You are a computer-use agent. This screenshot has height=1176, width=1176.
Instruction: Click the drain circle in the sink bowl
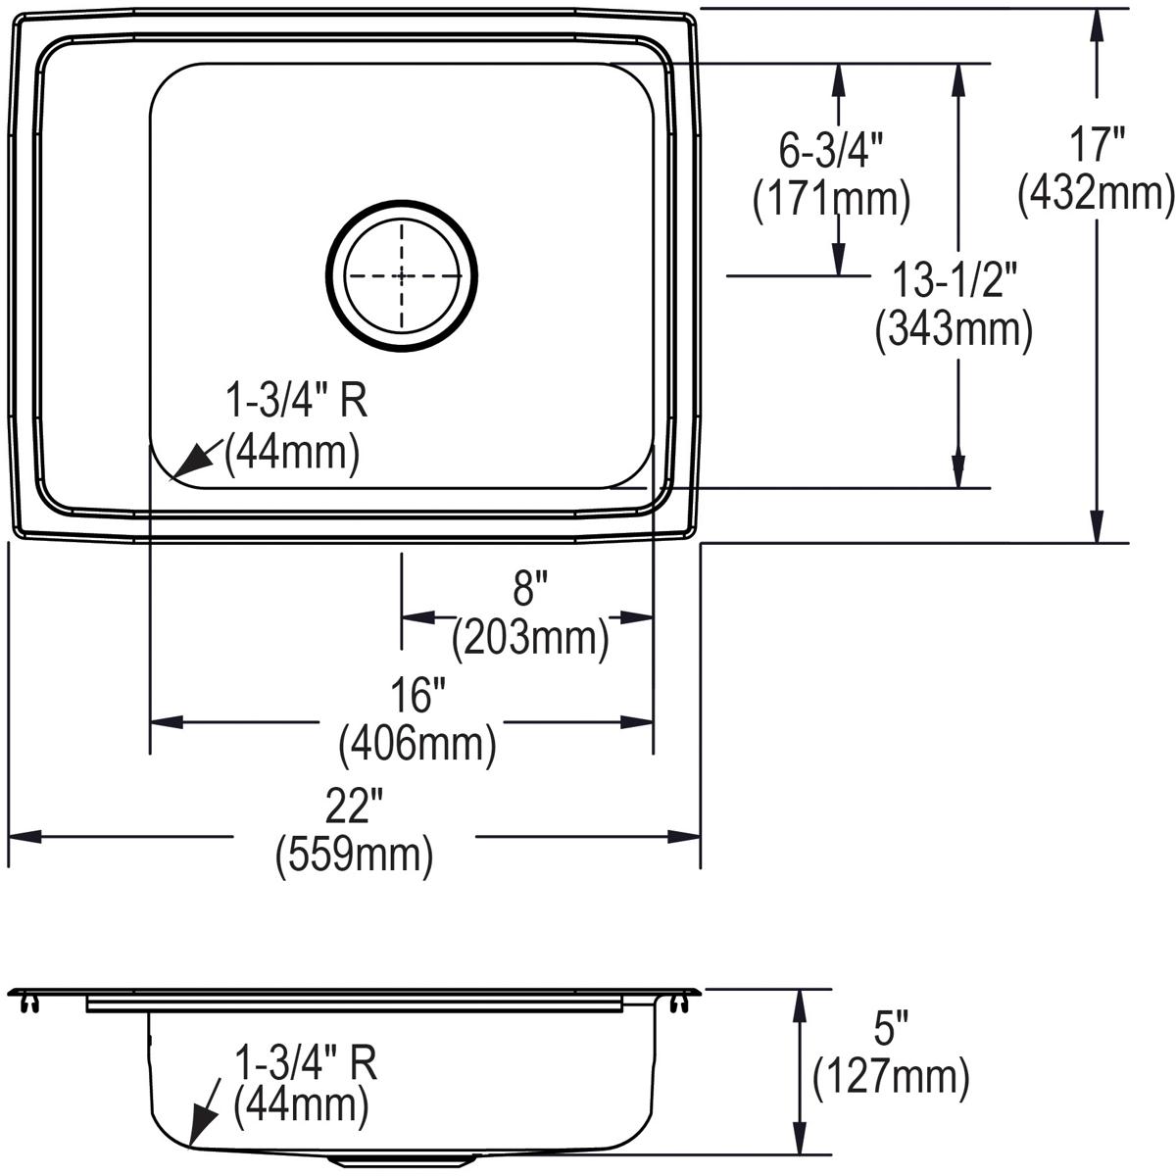tap(402, 275)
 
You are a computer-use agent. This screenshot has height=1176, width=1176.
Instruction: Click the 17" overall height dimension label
tap(1096, 147)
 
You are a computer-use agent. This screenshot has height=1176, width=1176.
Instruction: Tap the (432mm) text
tap(1096, 194)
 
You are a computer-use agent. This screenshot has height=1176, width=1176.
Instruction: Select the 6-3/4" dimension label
tap(831, 151)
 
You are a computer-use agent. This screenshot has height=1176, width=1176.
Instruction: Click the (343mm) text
tap(954, 329)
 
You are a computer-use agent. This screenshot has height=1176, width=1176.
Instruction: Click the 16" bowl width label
tap(417, 697)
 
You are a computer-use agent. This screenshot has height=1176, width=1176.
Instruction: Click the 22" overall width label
tap(354, 808)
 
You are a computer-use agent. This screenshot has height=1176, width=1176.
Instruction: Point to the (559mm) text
tap(354, 857)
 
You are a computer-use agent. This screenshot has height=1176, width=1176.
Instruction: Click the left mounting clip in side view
tap(30, 1004)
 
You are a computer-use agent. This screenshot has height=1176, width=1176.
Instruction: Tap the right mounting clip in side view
tap(676, 1004)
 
